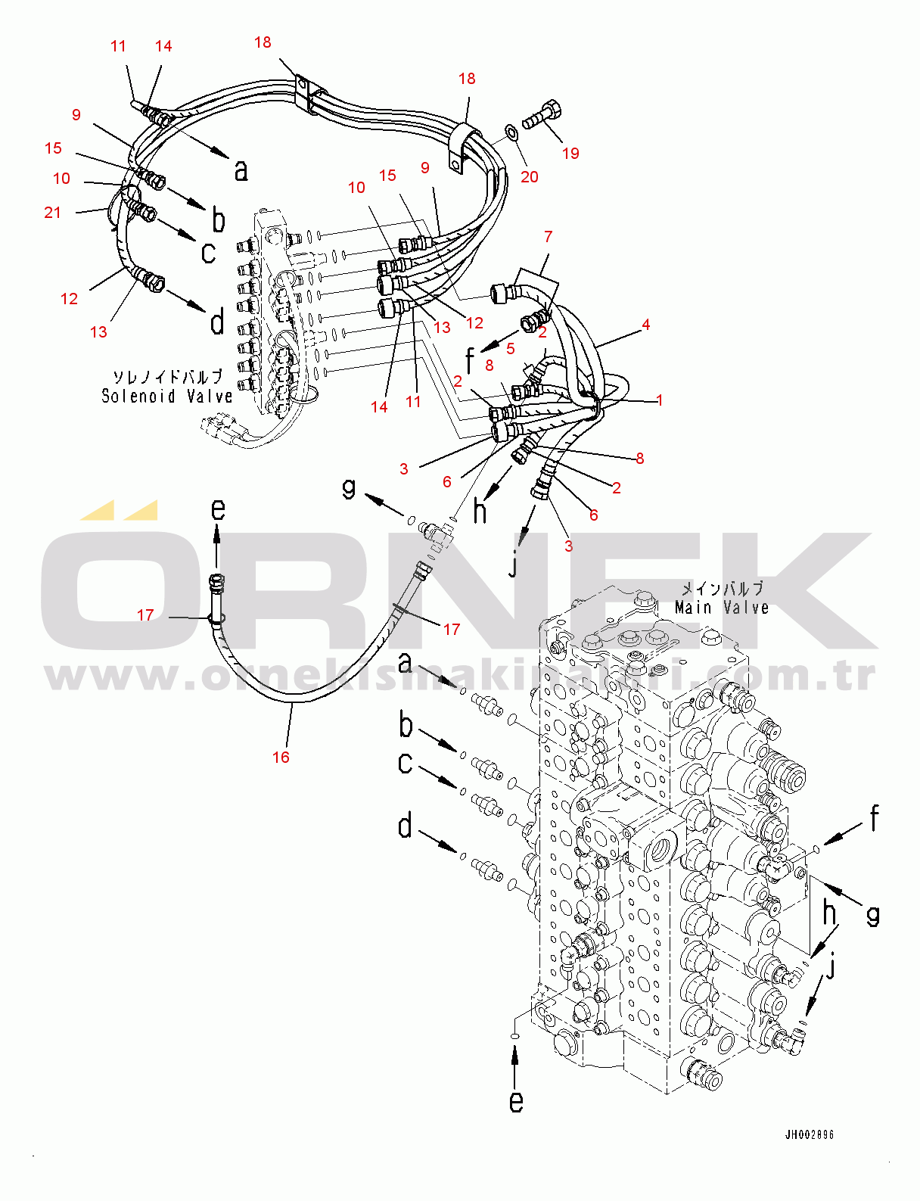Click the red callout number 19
click(x=570, y=154)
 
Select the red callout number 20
click(x=530, y=176)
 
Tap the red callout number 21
click(x=52, y=213)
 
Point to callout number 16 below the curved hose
click(x=281, y=757)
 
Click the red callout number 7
click(x=549, y=237)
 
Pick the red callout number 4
click(x=645, y=325)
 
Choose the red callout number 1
click(x=660, y=400)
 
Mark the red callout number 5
click(x=511, y=348)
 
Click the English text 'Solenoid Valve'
click(x=167, y=396)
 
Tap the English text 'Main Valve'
click(x=722, y=608)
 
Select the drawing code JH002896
click(x=809, y=1134)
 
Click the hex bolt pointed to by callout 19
click(x=543, y=114)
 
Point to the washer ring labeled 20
click(x=511, y=132)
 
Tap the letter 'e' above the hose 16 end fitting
click(x=218, y=509)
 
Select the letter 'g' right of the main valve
click(x=873, y=915)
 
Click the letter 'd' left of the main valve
click(x=406, y=825)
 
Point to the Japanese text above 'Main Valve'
click(x=722, y=588)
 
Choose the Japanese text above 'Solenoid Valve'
click(x=167, y=376)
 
